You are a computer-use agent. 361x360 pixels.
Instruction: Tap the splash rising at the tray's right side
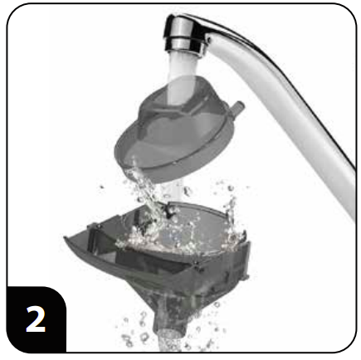click(228, 207)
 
